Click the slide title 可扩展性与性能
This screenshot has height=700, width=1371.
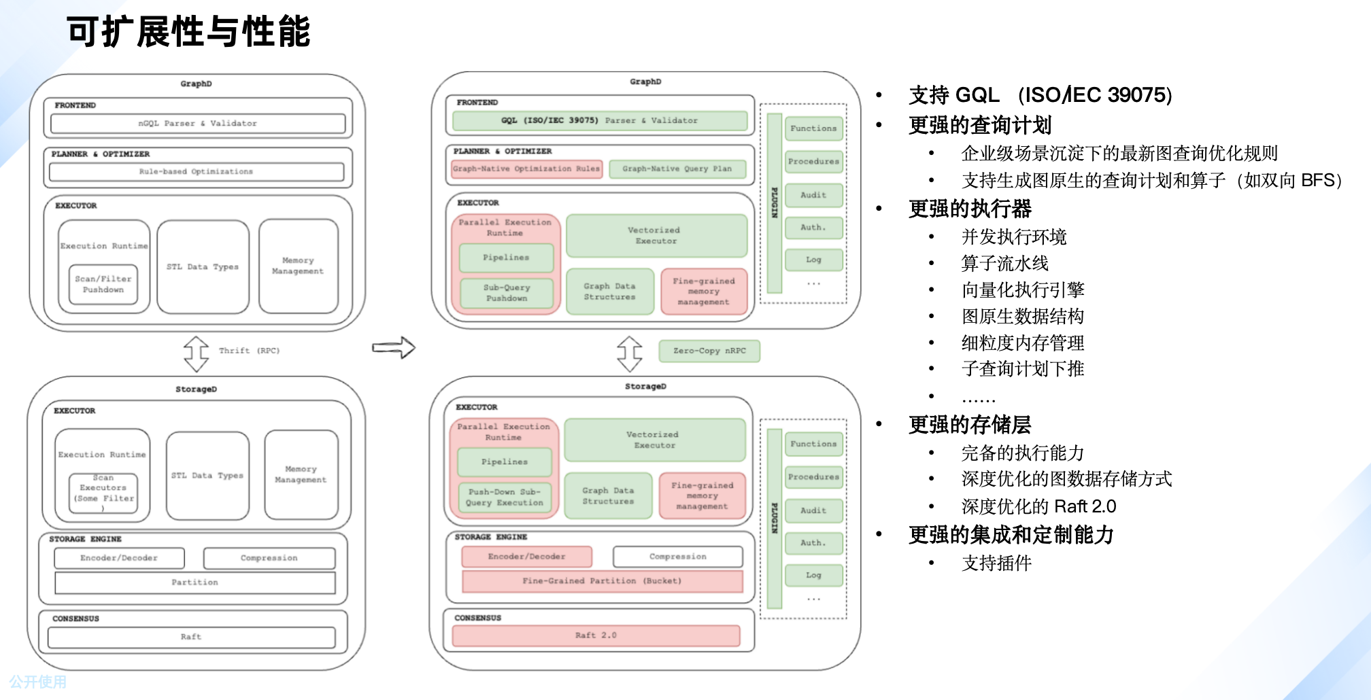[x=188, y=32]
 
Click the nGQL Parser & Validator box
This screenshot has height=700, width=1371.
[x=197, y=124]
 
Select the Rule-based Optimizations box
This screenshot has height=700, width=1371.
[x=196, y=172]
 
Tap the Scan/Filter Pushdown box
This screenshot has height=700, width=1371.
[x=103, y=285]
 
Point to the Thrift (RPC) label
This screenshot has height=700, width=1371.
[x=249, y=351]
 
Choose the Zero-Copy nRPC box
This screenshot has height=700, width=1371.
[x=709, y=351]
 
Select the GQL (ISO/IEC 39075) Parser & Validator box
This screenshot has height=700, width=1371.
[x=599, y=121]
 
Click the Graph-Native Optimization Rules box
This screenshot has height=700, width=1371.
[x=526, y=169]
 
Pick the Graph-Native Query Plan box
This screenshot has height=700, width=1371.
[x=677, y=169]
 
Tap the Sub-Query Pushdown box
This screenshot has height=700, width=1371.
[x=507, y=293]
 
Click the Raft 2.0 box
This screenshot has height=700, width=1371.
[x=596, y=635]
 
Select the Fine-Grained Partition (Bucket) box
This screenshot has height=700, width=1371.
[x=602, y=581]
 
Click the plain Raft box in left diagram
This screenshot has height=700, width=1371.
[x=191, y=637]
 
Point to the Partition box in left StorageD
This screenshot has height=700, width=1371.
[x=194, y=582]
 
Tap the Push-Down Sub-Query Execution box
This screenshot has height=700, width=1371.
[x=505, y=497]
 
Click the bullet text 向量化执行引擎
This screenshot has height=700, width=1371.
[x=1022, y=290]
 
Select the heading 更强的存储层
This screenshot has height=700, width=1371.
[x=970, y=425]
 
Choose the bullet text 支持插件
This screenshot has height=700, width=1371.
[x=996, y=563]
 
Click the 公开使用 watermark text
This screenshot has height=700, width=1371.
[x=38, y=682]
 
